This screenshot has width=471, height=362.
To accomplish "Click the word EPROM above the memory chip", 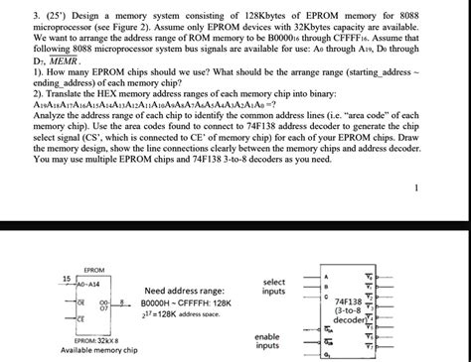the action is (x=94, y=243).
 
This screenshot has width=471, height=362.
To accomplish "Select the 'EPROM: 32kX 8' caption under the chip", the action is (x=97, y=340).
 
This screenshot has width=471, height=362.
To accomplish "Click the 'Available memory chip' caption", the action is (x=99, y=351).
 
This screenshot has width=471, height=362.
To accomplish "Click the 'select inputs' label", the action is (x=275, y=259).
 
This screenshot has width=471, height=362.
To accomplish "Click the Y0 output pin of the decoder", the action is (x=371, y=249).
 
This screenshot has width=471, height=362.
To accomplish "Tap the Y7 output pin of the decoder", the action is (x=371, y=347).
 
